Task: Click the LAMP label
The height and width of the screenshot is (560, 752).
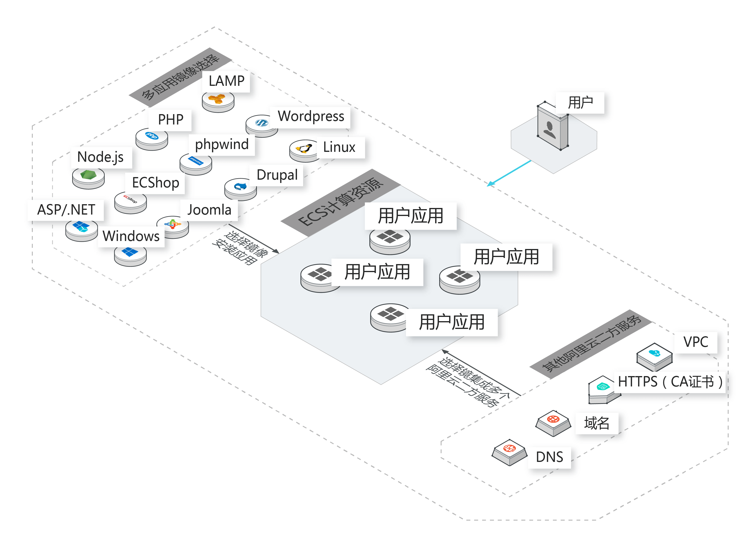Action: (x=226, y=81)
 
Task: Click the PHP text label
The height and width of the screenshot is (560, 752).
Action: (x=170, y=120)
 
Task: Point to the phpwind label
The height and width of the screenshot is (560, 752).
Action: (x=222, y=144)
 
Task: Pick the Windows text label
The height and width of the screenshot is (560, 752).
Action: (x=131, y=236)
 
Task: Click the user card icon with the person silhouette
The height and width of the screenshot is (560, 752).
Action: (x=552, y=126)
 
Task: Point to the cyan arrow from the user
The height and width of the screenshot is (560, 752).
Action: (x=509, y=173)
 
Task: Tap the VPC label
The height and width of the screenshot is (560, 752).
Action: (x=695, y=342)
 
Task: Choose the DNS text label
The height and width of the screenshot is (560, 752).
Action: (x=549, y=457)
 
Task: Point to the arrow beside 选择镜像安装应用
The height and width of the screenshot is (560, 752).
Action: (x=254, y=239)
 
